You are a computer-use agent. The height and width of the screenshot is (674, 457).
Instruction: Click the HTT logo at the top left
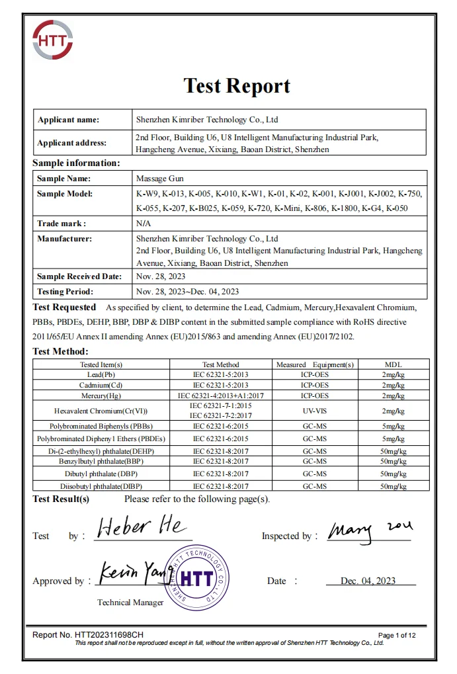click(52, 42)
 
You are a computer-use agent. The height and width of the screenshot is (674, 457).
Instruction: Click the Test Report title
click(236, 86)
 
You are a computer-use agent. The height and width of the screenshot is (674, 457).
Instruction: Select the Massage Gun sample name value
click(159, 179)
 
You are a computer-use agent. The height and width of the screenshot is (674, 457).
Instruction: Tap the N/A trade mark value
click(144, 224)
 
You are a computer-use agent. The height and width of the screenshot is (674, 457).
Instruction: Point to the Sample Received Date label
click(79, 276)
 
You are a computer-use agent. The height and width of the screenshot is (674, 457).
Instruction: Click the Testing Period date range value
click(187, 291)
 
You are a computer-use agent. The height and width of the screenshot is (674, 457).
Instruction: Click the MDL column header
click(393, 364)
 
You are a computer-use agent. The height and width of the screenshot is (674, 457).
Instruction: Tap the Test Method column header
click(220, 364)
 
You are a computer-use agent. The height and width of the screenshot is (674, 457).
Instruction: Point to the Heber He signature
click(142, 528)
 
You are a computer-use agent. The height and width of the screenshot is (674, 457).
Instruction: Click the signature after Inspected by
click(370, 529)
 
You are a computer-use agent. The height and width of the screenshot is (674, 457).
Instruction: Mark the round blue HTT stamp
click(196, 577)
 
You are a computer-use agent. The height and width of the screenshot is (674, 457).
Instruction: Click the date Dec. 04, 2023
click(368, 581)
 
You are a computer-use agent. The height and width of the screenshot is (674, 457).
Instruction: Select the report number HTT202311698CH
click(88, 635)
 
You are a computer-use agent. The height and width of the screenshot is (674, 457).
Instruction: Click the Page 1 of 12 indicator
click(397, 636)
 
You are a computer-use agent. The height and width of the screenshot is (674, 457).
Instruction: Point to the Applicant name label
click(68, 120)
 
